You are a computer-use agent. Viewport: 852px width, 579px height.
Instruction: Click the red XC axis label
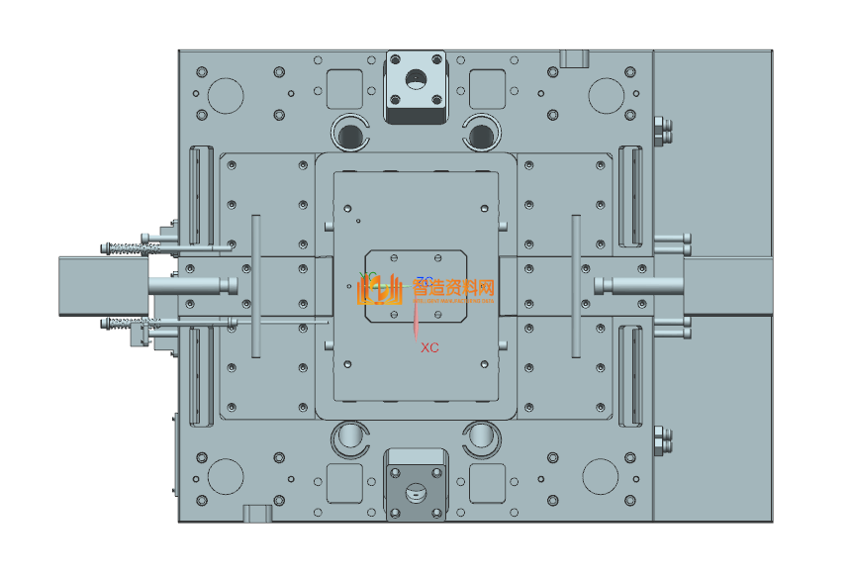click(429, 347)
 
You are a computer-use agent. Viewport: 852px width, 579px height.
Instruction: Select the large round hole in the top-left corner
click(226, 95)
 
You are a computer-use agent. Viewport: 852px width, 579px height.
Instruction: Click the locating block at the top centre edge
click(416, 86)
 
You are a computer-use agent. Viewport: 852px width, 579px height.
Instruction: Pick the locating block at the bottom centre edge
click(416, 485)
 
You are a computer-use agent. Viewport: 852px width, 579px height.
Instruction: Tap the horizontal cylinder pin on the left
click(194, 285)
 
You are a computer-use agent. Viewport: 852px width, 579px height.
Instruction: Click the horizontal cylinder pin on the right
click(638, 285)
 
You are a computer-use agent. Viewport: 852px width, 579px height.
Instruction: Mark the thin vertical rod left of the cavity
click(255, 285)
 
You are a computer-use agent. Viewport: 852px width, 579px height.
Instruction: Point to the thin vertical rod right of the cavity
click(574, 285)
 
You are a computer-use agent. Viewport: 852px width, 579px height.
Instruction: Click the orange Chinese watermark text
click(452, 288)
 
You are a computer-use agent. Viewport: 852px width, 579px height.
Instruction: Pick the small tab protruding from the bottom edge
click(256, 513)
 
